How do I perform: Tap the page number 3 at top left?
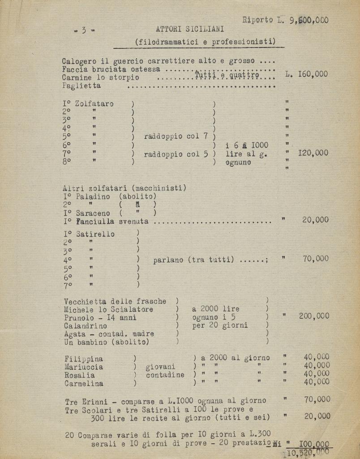click(x=84, y=30)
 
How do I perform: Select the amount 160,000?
click(x=313, y=74)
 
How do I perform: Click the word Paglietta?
click(x=81, y=86)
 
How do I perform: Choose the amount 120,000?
click(x=313, y=153)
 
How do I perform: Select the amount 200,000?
click(x=314, y=316)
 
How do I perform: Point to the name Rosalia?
click(x=79, y=375)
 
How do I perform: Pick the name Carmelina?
click(x=84, y=384)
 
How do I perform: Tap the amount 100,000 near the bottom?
click(x=314, y=444)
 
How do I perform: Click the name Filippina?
click(x=83, y=359)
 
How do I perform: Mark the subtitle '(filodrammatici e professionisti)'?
click(x=205, y=42)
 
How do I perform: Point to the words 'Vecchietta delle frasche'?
click(x=115, y=302)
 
